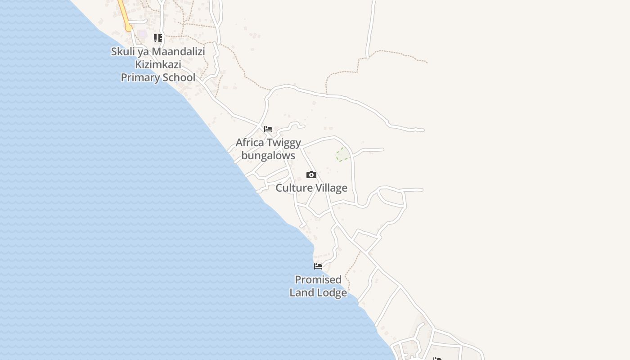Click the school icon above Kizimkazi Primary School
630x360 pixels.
158,38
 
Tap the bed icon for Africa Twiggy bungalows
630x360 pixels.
268,129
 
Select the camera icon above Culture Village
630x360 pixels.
311,175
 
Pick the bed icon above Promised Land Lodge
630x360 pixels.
318,266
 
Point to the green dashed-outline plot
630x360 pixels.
342,154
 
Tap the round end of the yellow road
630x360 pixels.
129,28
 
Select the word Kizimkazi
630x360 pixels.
158,64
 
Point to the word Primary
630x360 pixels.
140,77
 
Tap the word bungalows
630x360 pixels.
268,156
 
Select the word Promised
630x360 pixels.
318,279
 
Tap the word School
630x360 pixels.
179,77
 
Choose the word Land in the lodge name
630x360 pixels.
303,292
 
